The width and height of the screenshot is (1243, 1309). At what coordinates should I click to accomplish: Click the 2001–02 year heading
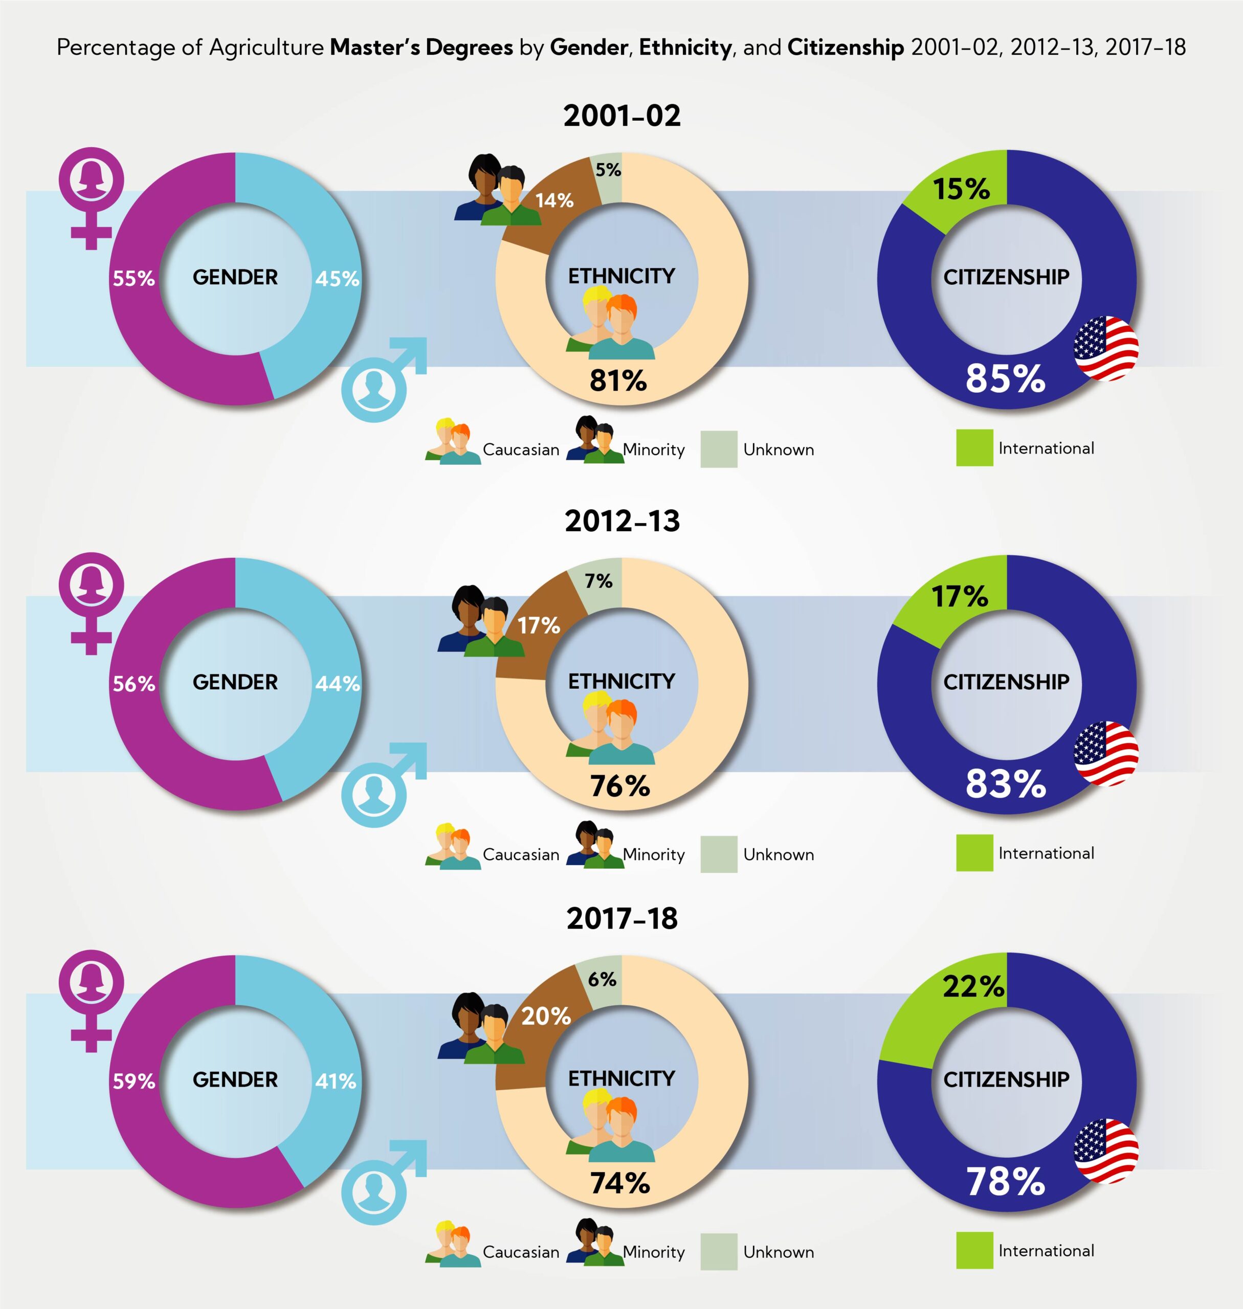point(621,116)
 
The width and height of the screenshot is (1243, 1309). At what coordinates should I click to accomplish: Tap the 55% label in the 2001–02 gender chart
point(134,278)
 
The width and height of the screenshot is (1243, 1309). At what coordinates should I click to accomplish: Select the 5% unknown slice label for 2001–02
point(608,170)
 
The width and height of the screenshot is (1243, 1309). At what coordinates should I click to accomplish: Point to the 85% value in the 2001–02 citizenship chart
point(1005,378)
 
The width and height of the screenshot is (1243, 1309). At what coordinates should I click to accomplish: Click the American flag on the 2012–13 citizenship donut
point(1106,753)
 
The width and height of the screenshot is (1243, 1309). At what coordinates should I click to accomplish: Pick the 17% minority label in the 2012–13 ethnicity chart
point(539,625)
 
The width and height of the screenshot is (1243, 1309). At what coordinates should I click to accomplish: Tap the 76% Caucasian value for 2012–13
point(620,786)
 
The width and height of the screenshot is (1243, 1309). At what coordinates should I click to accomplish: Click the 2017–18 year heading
point(621,918)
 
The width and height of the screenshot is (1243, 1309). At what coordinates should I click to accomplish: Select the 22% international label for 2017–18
point(973,986)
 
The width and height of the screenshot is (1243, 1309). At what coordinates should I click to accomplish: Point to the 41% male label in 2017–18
point(336,1081)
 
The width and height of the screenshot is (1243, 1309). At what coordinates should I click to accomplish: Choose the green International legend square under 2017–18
point(974,1250)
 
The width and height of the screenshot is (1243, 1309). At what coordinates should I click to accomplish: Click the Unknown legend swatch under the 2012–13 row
point(719,854)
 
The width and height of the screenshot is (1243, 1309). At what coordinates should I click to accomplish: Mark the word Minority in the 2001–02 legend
point(653,450)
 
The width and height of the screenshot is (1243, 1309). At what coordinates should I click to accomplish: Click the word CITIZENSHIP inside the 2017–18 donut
point(1006,1079)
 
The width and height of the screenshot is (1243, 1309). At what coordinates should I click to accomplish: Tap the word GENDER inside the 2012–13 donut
point(235,682)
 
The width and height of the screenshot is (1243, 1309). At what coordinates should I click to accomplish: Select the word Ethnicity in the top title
point(685,48)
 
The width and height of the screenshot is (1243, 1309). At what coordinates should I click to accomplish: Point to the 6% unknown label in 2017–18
point(602,979)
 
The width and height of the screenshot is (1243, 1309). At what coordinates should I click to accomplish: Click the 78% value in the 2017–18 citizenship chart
point(1005,1182)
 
